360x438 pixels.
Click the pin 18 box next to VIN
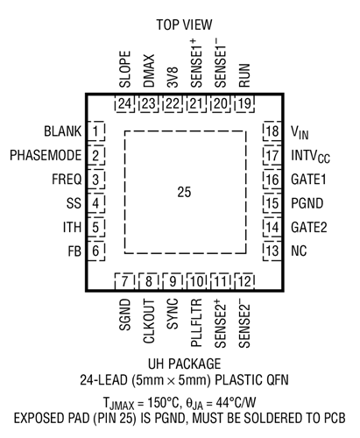[x=272, y=131]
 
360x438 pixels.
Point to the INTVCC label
[x=310, y=156]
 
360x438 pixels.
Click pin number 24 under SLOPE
[x=124, y=104]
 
